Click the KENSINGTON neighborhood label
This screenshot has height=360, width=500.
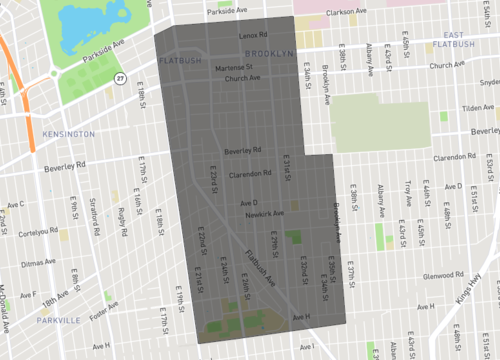click(67, 133)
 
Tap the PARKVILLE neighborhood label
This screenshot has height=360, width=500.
click(56, 320)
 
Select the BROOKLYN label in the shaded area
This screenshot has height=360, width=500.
click(266, 52)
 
